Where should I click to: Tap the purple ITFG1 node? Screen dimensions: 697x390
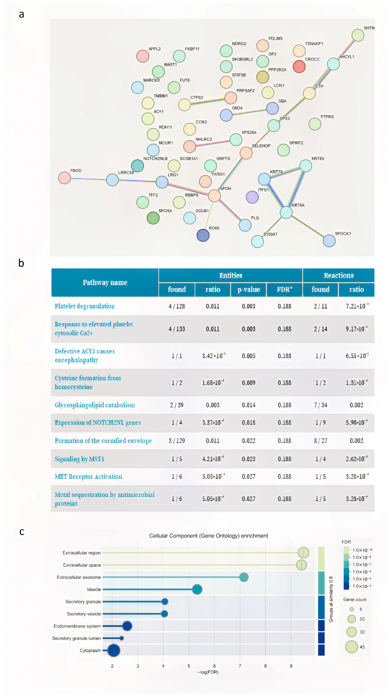(252, 197)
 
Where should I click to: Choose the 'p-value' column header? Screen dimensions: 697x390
(248, 290)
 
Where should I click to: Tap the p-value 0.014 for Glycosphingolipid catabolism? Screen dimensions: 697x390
(248, 405)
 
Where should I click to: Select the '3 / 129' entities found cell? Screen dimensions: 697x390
(177, 441)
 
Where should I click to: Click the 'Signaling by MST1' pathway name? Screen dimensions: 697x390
(79, 459)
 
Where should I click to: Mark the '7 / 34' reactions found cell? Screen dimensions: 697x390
(320, 405)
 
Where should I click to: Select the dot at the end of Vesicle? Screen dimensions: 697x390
(197, 589)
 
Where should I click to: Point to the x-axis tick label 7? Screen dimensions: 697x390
(240, 666)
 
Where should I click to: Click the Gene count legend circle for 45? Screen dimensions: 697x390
(351, 647)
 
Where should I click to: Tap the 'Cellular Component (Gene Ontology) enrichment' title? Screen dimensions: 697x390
(208, 536)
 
